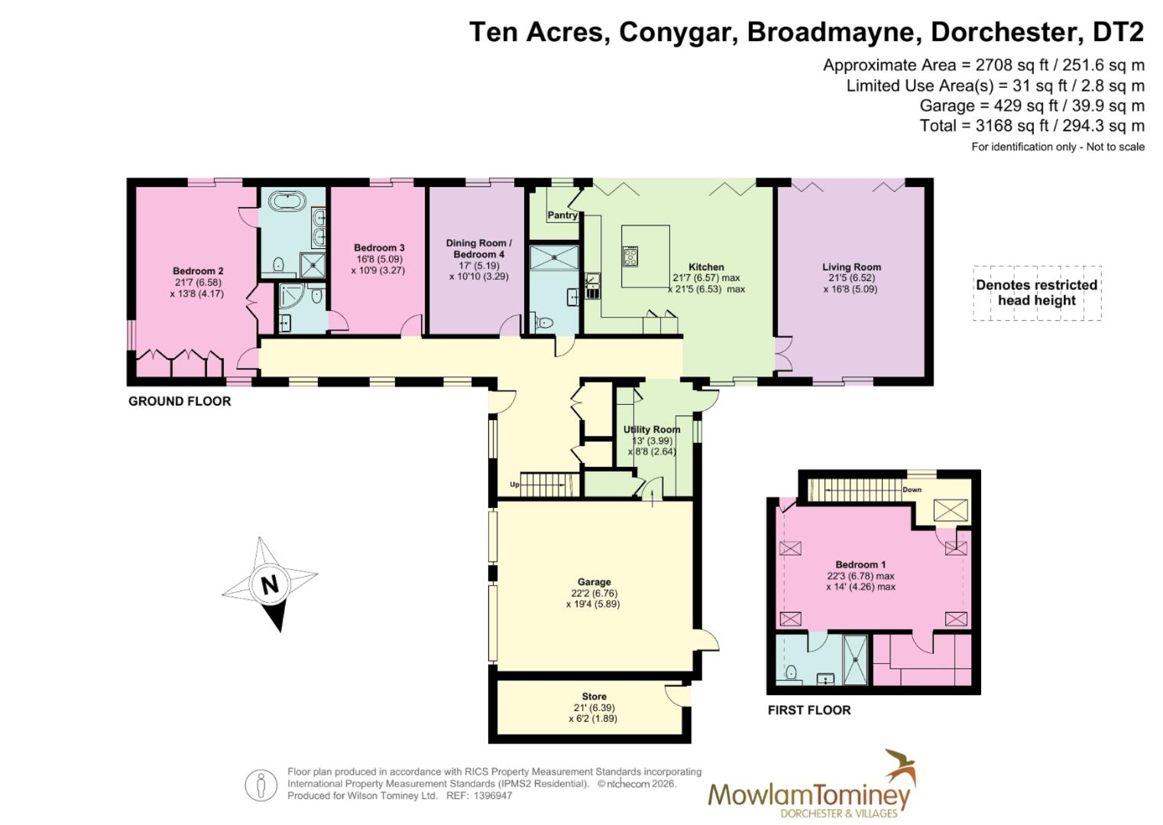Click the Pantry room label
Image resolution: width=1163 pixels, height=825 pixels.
pos(562,215)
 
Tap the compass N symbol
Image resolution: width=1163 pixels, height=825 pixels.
pos(269,584)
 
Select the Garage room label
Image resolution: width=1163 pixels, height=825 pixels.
pos(594,582)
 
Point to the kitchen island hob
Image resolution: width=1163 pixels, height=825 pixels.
pos(631,255)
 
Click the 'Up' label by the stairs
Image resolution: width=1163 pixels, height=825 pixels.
pos(514,484)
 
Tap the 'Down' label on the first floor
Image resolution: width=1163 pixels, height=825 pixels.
pos(912,490)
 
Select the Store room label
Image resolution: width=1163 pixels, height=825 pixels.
pos(594,697)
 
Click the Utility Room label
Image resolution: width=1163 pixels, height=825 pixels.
pos(651,429)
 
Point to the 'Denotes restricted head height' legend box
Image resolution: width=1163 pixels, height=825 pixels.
pos(1036,293)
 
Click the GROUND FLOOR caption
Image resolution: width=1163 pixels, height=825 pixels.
pos(180,401)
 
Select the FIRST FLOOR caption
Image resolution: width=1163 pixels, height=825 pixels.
pos(809,710)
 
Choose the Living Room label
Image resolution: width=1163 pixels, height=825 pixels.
pos(851,267)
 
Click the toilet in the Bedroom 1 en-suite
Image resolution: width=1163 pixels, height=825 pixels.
pos(791,673)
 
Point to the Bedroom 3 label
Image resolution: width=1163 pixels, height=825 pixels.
pos(379,247)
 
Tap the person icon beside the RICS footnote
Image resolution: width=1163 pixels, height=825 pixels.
pos(261,785)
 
